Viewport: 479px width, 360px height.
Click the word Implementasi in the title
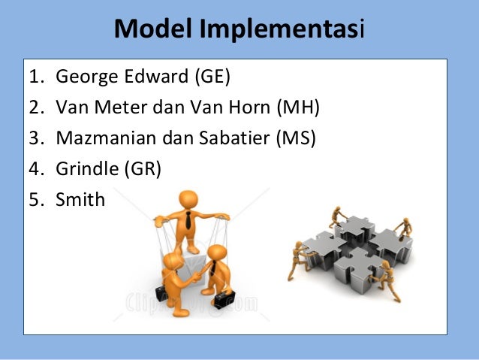(x=282, y=30)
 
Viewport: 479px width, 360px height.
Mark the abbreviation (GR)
(x=142, y=169)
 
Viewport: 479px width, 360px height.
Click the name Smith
(x=80, y=200)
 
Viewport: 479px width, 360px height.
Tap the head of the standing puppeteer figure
(x=188, y=201)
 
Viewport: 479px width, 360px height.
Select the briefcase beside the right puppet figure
(x=224, y=301)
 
